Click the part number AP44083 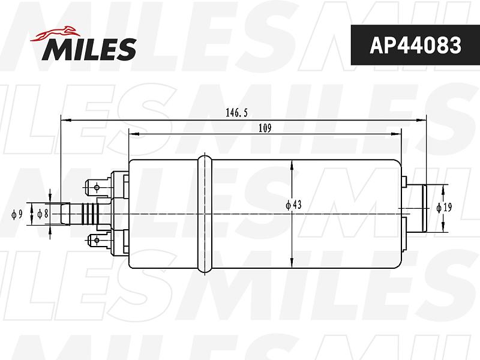coord(415,46)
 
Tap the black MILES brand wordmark coord(89,49)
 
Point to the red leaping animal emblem coord(55,34)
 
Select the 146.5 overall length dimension coord(236,113)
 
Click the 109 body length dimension coord(265,128)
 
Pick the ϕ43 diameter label coord(293,205)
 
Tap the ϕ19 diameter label coord(444,208)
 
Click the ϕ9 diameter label coord(17,214)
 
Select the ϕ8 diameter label coord(43,214)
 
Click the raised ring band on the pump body coord(205,214)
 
